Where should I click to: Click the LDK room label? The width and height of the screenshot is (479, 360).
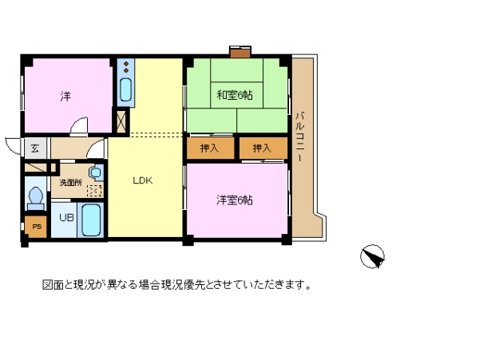pyautogui.click(x=143, y=180)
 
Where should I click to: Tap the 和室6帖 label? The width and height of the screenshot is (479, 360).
pyautogui.click(x=235, y=95)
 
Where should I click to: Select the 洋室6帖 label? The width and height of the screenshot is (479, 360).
pyautogui.click(x=235, y=200)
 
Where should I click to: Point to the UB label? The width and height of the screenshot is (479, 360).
pyautogui.click(x=66, y=217)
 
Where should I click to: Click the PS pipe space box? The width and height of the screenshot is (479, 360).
pyautogui.click(x=36, y=227)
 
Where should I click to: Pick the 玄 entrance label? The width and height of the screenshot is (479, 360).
pyautogui.click(x=34, y=148)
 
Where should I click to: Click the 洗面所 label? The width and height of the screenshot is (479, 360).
pyautogui.click(x=71, y=183)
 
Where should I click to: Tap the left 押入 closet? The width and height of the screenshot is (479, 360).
pyautogui.click(x=210, y=148)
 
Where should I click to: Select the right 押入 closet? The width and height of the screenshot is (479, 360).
pyautogui.click(x=263, y=148)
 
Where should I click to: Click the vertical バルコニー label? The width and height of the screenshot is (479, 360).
pyautogui.click(x=300, y=136)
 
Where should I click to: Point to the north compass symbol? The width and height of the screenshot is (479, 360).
pyautogui.click(x=372, y=256)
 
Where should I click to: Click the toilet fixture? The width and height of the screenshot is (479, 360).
pyautogui.click(x=36, y=198)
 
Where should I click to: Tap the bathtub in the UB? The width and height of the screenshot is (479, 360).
pyautogui.click(x=91, y=220)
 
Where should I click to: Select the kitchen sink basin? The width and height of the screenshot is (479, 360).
pyautogui.click(x=125, y=89)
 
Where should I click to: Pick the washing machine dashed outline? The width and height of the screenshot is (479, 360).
pyautogui.click(x=95, y=191)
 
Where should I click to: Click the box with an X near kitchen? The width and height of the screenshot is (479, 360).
pyautogui.click(x=121, y=121)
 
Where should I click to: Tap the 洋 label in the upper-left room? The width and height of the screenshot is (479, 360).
pyautogui.click(x=65, y=96)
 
